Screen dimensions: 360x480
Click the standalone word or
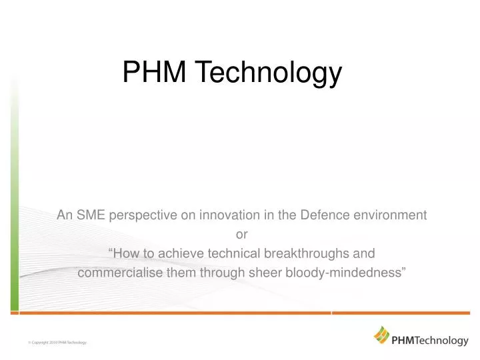(x=241, y=234)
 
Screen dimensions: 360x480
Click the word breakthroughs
(x=304, y=253)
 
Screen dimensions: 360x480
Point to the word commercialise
(x=115, y=273)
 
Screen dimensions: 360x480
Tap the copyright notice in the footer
(x=59, y=342)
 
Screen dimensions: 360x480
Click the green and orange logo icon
(x=381, y=334)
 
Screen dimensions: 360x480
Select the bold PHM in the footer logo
(x=404, y=341)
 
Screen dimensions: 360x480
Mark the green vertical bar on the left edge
(x=14, y=200)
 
